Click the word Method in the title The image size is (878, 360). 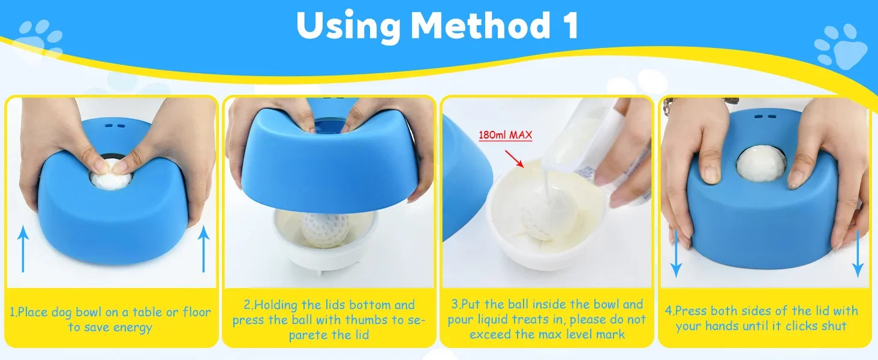(x=477, y=25)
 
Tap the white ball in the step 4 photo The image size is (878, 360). (x=760, y=163)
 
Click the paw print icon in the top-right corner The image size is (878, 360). (x=841, y=46)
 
